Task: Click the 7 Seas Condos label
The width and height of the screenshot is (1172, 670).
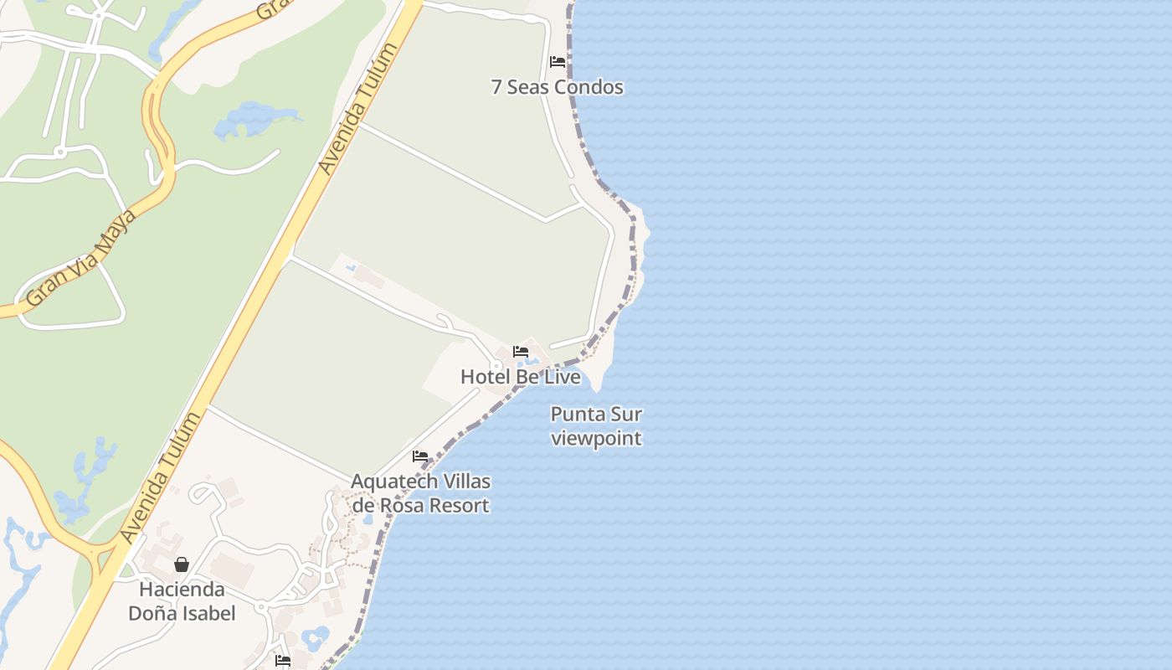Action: (557, 87)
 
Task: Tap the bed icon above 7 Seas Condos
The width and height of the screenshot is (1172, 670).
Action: (558, 62)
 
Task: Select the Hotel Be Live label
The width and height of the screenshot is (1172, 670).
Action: (520, 377)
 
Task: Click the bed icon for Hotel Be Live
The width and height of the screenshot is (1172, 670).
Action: (521, 352)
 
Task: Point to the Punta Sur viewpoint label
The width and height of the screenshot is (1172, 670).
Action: (596, 426)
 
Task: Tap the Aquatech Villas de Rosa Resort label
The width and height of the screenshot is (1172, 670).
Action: (420, 493)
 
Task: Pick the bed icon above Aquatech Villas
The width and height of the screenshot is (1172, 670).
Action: (420, 456)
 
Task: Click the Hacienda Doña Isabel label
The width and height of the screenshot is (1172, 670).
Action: (182, 601)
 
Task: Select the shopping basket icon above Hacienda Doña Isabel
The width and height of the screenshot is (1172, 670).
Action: (182, 564)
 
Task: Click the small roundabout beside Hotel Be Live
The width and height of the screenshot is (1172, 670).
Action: (496, 366)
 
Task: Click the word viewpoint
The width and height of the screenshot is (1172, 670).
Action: (596, 438)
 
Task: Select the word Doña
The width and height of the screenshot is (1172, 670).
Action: (156, 613)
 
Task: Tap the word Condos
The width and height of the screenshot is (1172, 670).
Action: (592, 87)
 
